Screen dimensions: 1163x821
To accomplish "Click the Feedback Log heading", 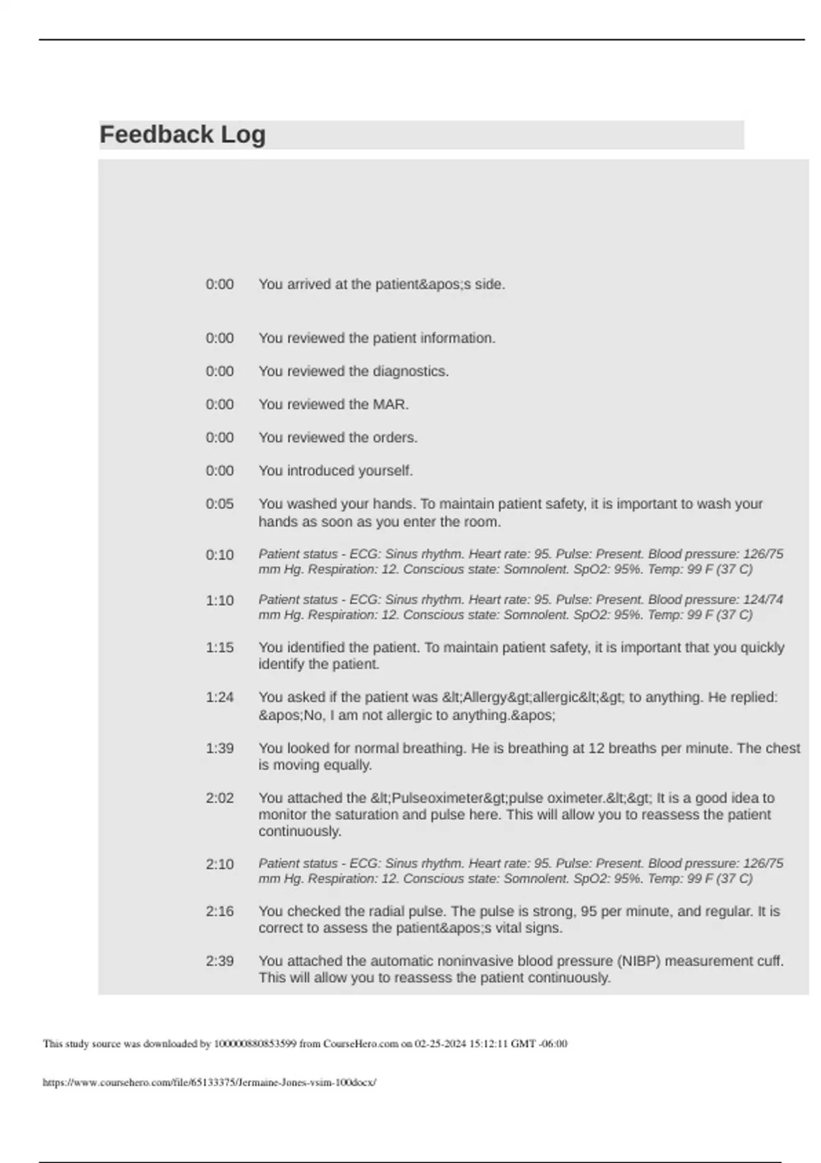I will [183, 135].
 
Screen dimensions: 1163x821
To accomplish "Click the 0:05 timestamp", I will [220, 504].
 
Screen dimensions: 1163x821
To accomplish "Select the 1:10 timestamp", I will [220, 601].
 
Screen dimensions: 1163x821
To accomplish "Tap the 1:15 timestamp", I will [220, 647].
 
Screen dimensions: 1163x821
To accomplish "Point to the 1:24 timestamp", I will [220, 698].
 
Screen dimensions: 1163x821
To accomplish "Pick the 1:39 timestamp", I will [220, 748].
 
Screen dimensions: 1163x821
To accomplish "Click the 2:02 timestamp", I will [220, 798].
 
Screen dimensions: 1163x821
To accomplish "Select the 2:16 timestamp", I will [220, 911].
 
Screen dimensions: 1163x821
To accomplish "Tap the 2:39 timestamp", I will [220, 961].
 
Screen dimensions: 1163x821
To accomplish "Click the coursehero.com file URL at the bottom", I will [209, 1082].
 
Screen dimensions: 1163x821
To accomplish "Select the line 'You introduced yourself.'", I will [335, 471].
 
